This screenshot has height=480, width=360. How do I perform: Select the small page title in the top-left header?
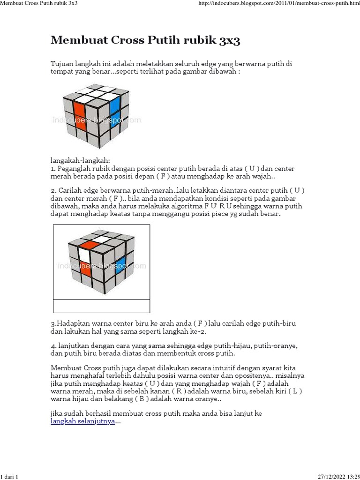[x=39, y=3]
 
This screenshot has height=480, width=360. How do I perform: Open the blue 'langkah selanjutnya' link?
[x=82, y=421]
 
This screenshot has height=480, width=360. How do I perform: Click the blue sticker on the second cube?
[x=120, y=264]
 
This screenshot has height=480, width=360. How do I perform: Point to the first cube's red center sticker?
[x=79, y=112]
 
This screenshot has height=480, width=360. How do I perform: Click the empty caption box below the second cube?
[x=101, y=306]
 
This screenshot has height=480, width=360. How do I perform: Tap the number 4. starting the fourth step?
[x=53, y=345]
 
